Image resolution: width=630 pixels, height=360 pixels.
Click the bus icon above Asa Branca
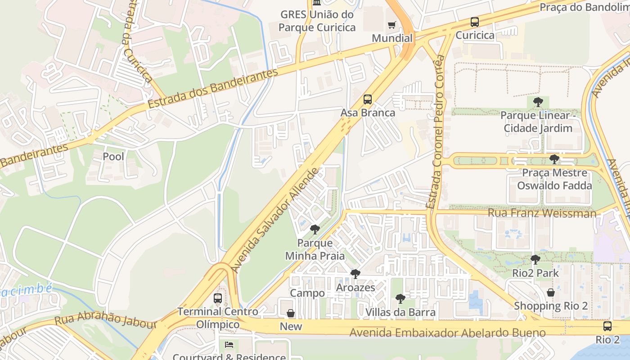pyautogui.click(x=368, y=99)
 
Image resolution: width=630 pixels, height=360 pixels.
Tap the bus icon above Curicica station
pyautogui.click(x=474, y=22)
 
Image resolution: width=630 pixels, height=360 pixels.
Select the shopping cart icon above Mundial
pyautogui.click(x=392, y=25)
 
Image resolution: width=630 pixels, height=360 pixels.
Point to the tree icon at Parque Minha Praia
pyautogui.click(x=315, y=229)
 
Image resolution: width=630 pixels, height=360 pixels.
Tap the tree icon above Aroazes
pyautogui.click(x=355, y=274)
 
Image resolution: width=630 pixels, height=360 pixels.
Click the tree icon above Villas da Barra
pyautogui.click(x=400, y=299)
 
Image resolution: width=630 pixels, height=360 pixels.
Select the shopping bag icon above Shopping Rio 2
pyautogui.click(x=550, y=292)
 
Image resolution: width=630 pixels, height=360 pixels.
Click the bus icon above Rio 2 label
pyautogui.click(x=607, y=326)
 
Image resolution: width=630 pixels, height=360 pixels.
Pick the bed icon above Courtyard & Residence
pyautogui.click(x=229, y=345)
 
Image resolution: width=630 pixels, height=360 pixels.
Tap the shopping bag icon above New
pyautogui.click(x=291, y=313)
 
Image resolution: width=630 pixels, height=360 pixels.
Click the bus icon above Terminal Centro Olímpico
pyautogui.click(x=218, y=298)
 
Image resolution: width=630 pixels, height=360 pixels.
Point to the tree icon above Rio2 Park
pyautogui.click(x=535, y=260)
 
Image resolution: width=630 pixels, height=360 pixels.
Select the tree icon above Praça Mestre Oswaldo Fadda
pyautogui.click(x=554, y=159)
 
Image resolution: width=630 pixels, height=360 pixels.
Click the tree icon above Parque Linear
pyautogui.click(x=538, y=102)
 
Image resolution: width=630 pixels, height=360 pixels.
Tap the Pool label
pyautogui.click(x=113, y=157)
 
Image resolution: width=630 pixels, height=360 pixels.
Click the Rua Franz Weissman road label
pyautogui.click(x=542, y=213)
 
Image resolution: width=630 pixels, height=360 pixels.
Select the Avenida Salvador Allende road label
pyautogui.click(x=275, y=220)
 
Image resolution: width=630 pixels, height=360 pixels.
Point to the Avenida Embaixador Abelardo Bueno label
pyautogui.click(x=448, y=333)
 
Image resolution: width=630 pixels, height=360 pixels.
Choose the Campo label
pyautogui.click(x=307, y=293)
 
